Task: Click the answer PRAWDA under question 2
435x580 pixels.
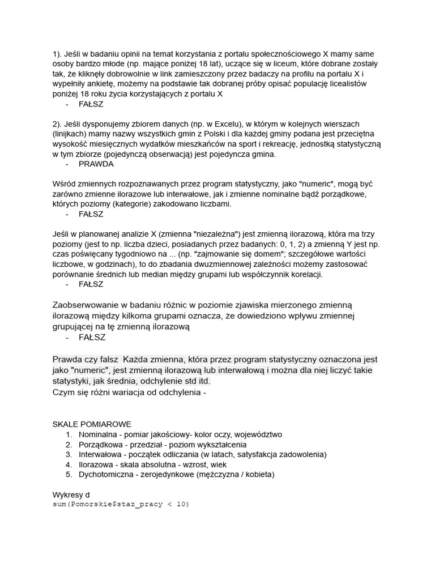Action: (96, 164)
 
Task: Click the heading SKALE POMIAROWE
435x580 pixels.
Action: (92, 424)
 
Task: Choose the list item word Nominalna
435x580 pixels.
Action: (99, 434)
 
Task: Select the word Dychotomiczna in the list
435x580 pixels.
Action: (106, 475)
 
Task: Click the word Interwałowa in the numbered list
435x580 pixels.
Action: (101, 454)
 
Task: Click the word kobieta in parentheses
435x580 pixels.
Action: (257, 475)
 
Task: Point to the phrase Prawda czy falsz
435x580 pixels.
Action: (86, 359)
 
